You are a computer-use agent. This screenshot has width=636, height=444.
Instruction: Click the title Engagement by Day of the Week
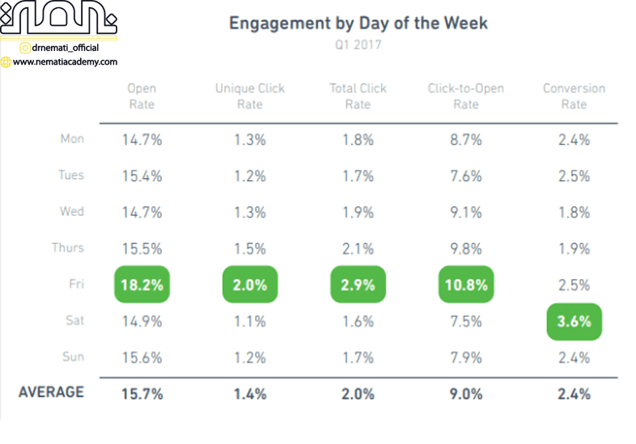(358, 23)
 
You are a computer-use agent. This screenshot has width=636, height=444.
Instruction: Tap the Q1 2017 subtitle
(358, 45)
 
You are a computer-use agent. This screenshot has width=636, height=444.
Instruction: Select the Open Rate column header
(142, 96)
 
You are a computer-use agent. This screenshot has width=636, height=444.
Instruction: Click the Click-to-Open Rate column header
(465, 96)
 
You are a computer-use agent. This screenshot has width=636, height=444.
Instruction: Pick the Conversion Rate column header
(573, 96)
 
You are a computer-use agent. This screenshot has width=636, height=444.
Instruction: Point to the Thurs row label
(68, 248)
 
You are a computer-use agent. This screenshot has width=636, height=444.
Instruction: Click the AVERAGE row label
(51, 392)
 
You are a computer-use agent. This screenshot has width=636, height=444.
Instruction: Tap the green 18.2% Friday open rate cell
(142, 285)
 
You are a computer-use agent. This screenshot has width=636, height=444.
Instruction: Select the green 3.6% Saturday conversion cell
(574, 321)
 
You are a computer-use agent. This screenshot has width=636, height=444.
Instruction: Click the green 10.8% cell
(466, 285)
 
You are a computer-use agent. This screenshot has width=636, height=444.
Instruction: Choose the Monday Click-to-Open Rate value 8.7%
(466, 140)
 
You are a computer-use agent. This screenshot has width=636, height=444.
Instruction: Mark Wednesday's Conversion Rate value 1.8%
(574, 213)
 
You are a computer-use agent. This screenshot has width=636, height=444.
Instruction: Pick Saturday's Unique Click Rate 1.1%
(250, 322)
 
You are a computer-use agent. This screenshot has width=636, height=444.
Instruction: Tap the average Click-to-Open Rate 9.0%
(466, 395)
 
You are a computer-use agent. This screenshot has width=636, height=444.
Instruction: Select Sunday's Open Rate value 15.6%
(142, 358)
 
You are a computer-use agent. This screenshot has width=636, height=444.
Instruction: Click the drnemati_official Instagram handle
(66, 48)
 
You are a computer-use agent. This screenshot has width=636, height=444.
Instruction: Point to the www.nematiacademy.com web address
(66, 61)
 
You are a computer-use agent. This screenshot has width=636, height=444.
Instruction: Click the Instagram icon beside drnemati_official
(25, 48)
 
